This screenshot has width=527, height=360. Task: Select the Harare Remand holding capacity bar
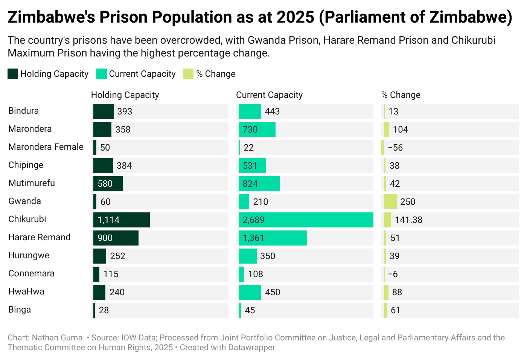pyautogui.click(x=116, y=238)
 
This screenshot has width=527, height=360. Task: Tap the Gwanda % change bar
pyautogui.click(x=390, y=202)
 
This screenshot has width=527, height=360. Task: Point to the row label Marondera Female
pyautogui.click(x=46, y=147)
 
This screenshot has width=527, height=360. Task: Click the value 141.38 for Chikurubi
pyautogui.click(x=408, y=220)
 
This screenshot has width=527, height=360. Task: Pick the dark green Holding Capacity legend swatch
pyautogui.click(x=13, y=74)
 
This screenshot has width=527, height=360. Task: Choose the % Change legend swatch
pyautogui.click(x=188, y=74)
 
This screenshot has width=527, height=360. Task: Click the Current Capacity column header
pyautogui.click(x=269, y=95)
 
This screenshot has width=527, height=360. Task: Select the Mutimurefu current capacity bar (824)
pyautogui.click(x=259, y=184)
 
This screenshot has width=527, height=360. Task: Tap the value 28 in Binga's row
pyautogui.click(x=104, y=310)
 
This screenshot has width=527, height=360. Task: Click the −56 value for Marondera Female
pyautogui.click(x=395, y=148)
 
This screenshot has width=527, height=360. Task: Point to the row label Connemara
pyautogui.click(x=31, y=273)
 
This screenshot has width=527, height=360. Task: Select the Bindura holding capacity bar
pyautogui.click(x=104, y=111)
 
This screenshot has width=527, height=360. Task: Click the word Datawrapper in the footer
pyautogui.click(x=251, y=348)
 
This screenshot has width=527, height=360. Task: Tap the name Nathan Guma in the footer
pyautogui.click(x=57, y=338)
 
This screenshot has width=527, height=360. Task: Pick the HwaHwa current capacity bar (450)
pyautogui.click(x=250, y=292)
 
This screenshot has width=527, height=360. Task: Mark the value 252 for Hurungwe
pyautogui.click(x=117, y=256)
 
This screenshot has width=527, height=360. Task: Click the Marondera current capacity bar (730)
pyautogui.click(x=257, y=130)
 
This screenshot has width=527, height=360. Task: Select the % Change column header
pyautogui.click(x=401, y=95)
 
